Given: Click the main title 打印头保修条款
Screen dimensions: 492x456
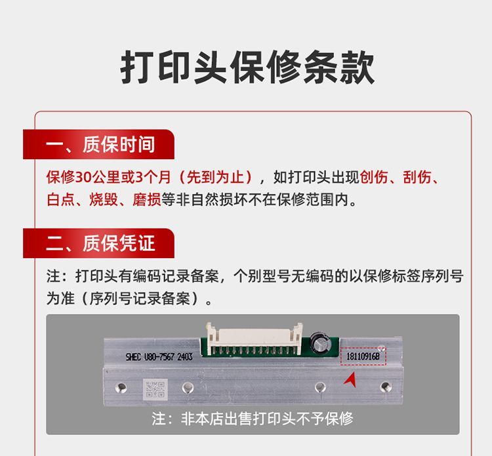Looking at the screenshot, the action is (247, 67).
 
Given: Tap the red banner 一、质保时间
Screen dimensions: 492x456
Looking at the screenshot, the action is (98, 144).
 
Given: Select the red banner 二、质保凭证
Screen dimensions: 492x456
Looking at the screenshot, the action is (98, 243).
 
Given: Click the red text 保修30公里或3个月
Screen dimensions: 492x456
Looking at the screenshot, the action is (108, 177).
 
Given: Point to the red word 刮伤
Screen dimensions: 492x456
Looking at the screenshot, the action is (417, 177).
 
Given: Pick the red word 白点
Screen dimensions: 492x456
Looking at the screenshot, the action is (61, 200).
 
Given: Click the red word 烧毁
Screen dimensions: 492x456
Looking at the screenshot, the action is (104, 200).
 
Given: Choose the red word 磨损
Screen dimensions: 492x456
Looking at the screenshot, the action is (146, 200).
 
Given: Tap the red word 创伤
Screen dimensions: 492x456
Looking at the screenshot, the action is (374, 177).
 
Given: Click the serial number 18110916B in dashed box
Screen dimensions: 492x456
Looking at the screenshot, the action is (363, 356).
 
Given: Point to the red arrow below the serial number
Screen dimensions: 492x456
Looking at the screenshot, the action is (350, 379).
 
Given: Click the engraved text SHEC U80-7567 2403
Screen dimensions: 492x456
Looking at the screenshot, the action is (159, 356).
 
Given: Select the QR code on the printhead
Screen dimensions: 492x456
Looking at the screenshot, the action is (155, 389).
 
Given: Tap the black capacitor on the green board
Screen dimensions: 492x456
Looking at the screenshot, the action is (319, 343).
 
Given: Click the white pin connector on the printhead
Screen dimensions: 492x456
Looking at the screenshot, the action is (254, 338).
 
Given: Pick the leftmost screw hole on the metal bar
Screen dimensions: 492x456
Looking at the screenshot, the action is (121, 388).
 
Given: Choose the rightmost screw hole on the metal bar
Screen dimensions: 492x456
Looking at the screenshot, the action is (386, 387).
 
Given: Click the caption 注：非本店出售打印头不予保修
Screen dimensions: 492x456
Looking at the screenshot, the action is (253, 418).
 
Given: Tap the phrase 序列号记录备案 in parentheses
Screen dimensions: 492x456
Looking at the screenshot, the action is (140, 298).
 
